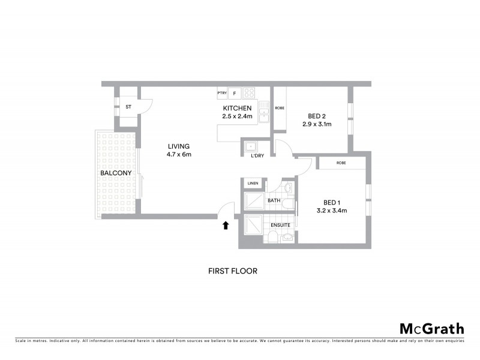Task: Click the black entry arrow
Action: click(226, 226)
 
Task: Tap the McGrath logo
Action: click(432, 328)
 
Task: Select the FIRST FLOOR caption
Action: click(232, 271)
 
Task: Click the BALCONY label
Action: click(116, 173)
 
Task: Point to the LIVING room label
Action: click(179, 146)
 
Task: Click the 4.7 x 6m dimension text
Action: click(179, 154)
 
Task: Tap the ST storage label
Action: click(128, 107)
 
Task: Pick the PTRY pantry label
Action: click(222, 93)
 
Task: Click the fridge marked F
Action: click(234, 93)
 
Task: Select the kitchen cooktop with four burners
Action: click(249, 93)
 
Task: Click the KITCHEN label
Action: click(237, 108)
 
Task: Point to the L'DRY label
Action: click(257, 156)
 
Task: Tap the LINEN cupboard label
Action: click(252, 183)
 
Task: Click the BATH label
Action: click(274, 200)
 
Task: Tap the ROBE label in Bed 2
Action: click(279, 108)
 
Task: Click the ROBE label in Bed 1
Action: click(341, 163)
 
